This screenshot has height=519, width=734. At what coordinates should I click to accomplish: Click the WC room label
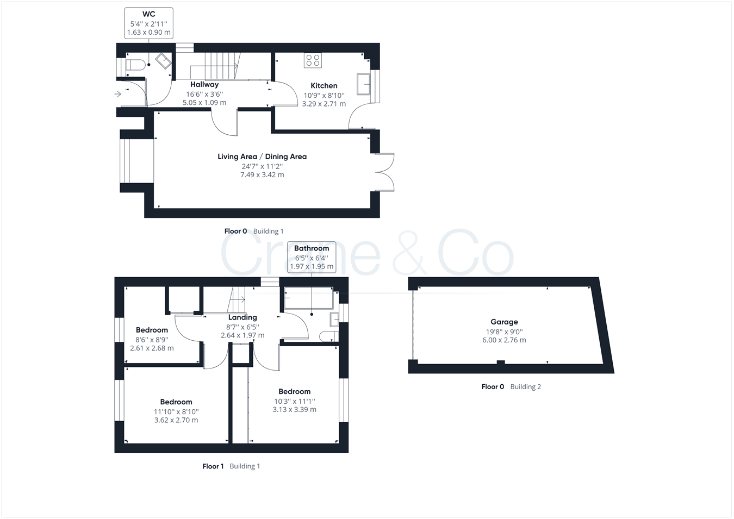tap(148, 14)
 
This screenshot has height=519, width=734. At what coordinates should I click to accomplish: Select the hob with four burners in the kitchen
tap(313, 60)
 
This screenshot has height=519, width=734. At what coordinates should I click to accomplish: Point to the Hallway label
tap(204, 85)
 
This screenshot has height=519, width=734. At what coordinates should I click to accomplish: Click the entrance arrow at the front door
tap(117, 94)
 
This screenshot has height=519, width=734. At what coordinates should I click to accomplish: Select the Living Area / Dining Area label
tap(262, 157)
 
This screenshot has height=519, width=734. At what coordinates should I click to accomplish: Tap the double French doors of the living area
tap(385, 172)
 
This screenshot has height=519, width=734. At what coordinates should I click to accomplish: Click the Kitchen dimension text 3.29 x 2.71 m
tap(324, 104)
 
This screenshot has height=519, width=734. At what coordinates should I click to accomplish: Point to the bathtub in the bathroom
tap(308, 298)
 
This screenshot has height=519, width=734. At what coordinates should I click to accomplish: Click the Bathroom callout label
tap(312, 248)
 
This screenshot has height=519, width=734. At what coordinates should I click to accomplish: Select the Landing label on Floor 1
tap(242, 317)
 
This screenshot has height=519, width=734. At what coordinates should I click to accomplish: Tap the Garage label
tap(504, 322)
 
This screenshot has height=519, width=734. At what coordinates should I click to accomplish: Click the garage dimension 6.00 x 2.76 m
tap(504, 340)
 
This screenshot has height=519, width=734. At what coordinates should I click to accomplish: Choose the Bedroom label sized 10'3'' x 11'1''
tap(294, 391)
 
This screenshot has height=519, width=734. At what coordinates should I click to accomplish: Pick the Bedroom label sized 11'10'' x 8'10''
tap(176, 402)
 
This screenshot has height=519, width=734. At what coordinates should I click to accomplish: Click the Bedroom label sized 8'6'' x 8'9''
tap(152, 330)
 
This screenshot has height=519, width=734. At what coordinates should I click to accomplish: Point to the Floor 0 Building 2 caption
tap(511, 387)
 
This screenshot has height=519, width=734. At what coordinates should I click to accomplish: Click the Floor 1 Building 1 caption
tap(231, 466)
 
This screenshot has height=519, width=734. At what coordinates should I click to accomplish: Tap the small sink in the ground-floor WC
tap(164, 61)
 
